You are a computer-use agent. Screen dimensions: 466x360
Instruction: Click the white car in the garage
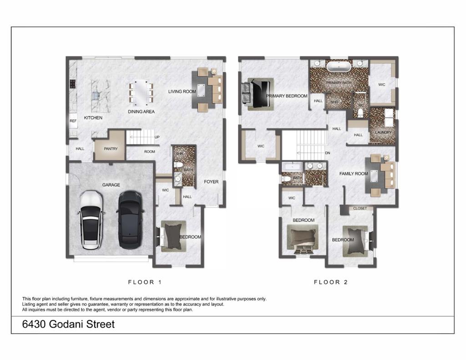coord(91,220)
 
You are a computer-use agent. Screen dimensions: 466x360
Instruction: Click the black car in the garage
coord(131,219)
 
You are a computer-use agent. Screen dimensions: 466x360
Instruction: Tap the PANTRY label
coord(111,149)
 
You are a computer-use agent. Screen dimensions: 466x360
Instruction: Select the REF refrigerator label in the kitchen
coord(73,121)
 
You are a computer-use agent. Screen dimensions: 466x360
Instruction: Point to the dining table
coord(141,93)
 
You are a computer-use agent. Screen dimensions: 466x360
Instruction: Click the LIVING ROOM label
coord(182,91)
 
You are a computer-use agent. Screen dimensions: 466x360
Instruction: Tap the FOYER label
coord(211,182)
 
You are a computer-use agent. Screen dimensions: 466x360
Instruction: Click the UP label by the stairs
coord(157,137)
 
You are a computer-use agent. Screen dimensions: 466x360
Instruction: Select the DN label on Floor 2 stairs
coord(328,153)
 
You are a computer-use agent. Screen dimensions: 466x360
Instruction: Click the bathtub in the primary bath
coord(339,66)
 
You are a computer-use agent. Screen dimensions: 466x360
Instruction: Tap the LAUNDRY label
coord(383,132)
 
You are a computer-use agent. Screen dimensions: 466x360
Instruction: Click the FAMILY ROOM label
coord(353,173)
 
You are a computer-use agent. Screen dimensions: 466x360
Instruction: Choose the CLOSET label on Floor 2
coord(360,209)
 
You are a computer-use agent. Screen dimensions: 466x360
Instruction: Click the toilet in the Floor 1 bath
coord(178,165)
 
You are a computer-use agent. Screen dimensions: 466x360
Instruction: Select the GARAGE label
coord(111,185)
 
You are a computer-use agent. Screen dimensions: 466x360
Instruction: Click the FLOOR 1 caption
coord(145,282)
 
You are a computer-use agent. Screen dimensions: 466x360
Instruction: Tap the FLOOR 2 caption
coord(331,282)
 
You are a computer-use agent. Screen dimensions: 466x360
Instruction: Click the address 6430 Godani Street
coord(68,324)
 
